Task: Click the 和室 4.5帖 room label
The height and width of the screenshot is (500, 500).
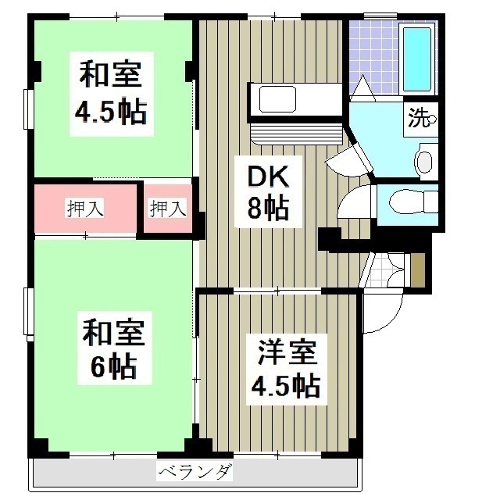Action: point(110,95)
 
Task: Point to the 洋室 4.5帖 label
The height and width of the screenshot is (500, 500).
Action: point(285,368)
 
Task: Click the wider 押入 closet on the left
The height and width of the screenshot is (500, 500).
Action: point(85,209)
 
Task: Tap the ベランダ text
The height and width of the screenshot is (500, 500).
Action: point(195,472)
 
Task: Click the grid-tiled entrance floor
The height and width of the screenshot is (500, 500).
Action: point(384,270)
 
